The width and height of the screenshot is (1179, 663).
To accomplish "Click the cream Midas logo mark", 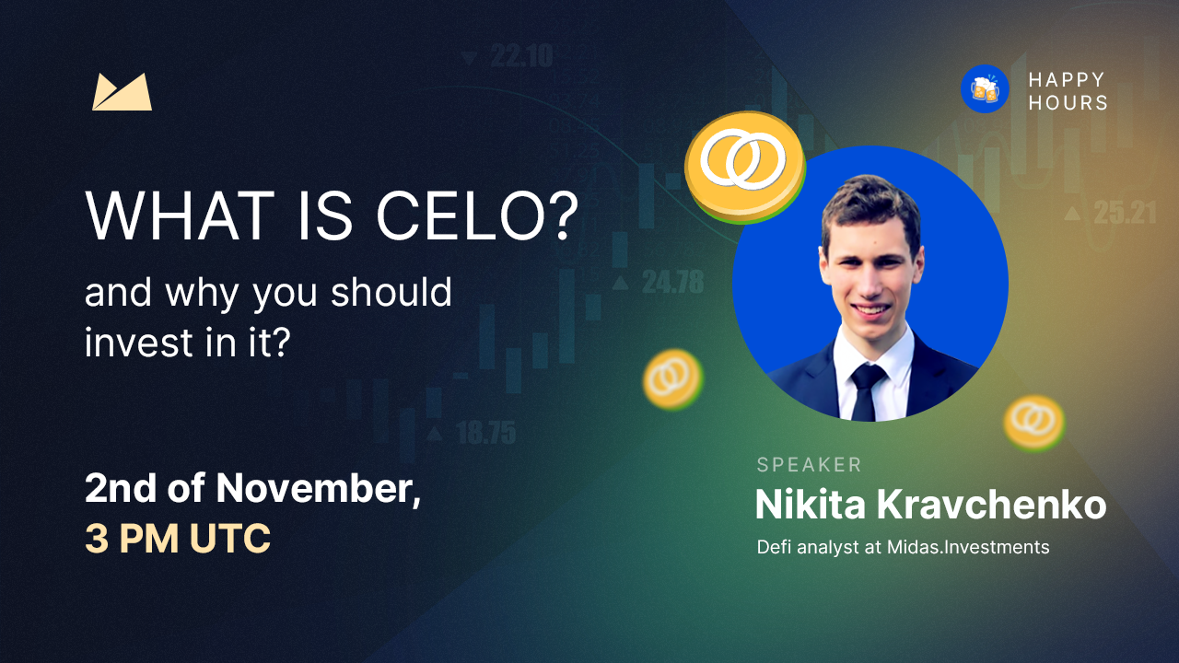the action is point(123,92).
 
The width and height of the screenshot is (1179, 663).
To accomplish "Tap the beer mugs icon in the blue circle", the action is point(985,89).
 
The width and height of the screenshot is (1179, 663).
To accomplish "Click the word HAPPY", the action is point(1067,80).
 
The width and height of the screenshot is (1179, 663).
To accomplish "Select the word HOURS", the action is point(1068,102).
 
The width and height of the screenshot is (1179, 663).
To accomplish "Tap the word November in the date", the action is point(319,489).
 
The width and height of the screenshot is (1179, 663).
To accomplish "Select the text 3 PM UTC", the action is point(178,539).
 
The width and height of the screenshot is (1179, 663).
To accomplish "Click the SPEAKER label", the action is point(809,465).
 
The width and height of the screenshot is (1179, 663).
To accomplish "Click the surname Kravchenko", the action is point(991,505).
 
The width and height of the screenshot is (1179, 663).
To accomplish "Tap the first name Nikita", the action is point(810,505).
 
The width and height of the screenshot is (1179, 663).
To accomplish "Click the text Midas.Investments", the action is point(968,547).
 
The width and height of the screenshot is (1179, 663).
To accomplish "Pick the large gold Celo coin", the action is point(744,167).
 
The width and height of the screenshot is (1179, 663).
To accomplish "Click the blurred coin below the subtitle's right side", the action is point(673,378).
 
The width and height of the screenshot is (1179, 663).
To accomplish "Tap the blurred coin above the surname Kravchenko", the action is point(1033,423).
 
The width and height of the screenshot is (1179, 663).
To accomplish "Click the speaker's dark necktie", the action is point(868,391).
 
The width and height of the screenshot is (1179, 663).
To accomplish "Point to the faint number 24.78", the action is point(672,283).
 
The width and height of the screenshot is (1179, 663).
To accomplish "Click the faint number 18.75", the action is point(486,434).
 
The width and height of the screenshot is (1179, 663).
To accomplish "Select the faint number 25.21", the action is point(1125,213).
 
